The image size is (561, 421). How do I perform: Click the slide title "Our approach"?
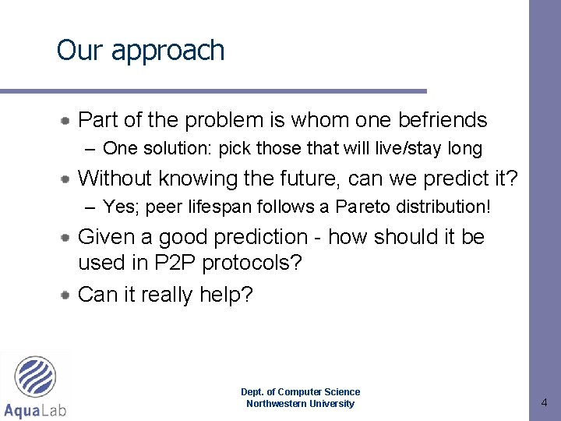point(140,51)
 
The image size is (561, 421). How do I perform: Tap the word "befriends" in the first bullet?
point(442,120)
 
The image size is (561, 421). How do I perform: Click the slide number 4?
point(544,403)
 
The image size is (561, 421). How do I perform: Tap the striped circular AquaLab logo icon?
point(36,378)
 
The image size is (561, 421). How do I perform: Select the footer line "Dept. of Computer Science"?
point(300,392)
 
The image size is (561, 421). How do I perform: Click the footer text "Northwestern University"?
point(300,404)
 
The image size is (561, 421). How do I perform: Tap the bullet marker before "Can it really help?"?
point(68,295)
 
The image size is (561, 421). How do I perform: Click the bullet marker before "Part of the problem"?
point(68,121)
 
